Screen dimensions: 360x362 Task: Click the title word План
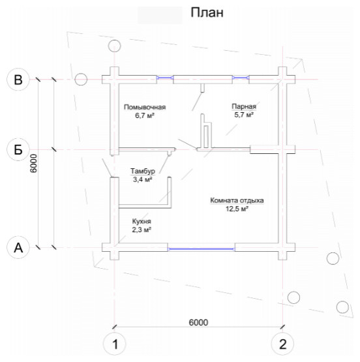tap(207, 12)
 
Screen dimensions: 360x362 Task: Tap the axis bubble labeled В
tap(18, 80)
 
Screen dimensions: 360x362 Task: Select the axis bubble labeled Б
tap(18, 149)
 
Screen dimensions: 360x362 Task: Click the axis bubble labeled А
tap(18, 247)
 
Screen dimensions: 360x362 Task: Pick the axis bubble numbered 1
tap(115, 344)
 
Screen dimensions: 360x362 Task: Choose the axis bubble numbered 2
tap(282, 344)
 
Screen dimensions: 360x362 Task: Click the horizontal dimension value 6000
tap(198, 322)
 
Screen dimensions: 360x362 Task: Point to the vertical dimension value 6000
tap(33, 163)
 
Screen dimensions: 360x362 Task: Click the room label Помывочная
tap(145, 107)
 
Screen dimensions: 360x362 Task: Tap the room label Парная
tap(244, 106)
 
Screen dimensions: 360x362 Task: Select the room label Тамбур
tap(143, 171)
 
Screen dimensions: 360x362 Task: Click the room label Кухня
tap(142, 221)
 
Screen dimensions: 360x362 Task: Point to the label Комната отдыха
tap(237, 200)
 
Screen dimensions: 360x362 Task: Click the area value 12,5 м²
tap(237, 209)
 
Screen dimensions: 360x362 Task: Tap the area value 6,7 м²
tap(145, 115)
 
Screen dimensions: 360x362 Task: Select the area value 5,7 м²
tap(244, 115)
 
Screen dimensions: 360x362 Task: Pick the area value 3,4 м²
tap(143, 179)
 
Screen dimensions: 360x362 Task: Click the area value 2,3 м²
tap(142, 230)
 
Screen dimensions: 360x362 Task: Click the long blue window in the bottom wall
tap(202, 249)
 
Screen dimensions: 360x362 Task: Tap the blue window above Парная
tap(241, 78)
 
